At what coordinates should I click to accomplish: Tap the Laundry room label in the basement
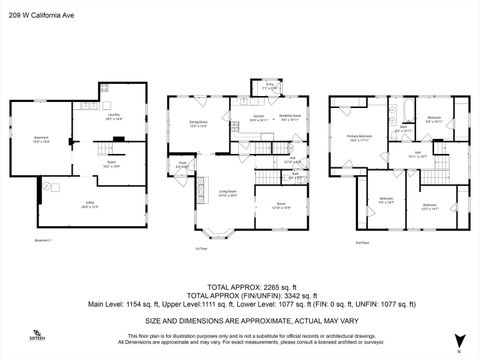(x=113, y=116)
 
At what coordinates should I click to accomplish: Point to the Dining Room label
(x=198, y=123)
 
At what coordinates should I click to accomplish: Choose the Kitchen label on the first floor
(x=241, y=117)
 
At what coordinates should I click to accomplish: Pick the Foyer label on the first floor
(x=183, y=163)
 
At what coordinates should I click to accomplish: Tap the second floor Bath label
(x=403, y=128)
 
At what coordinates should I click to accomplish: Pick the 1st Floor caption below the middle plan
(x=200, y=248)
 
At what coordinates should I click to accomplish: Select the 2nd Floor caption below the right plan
(x=361, y=241)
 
